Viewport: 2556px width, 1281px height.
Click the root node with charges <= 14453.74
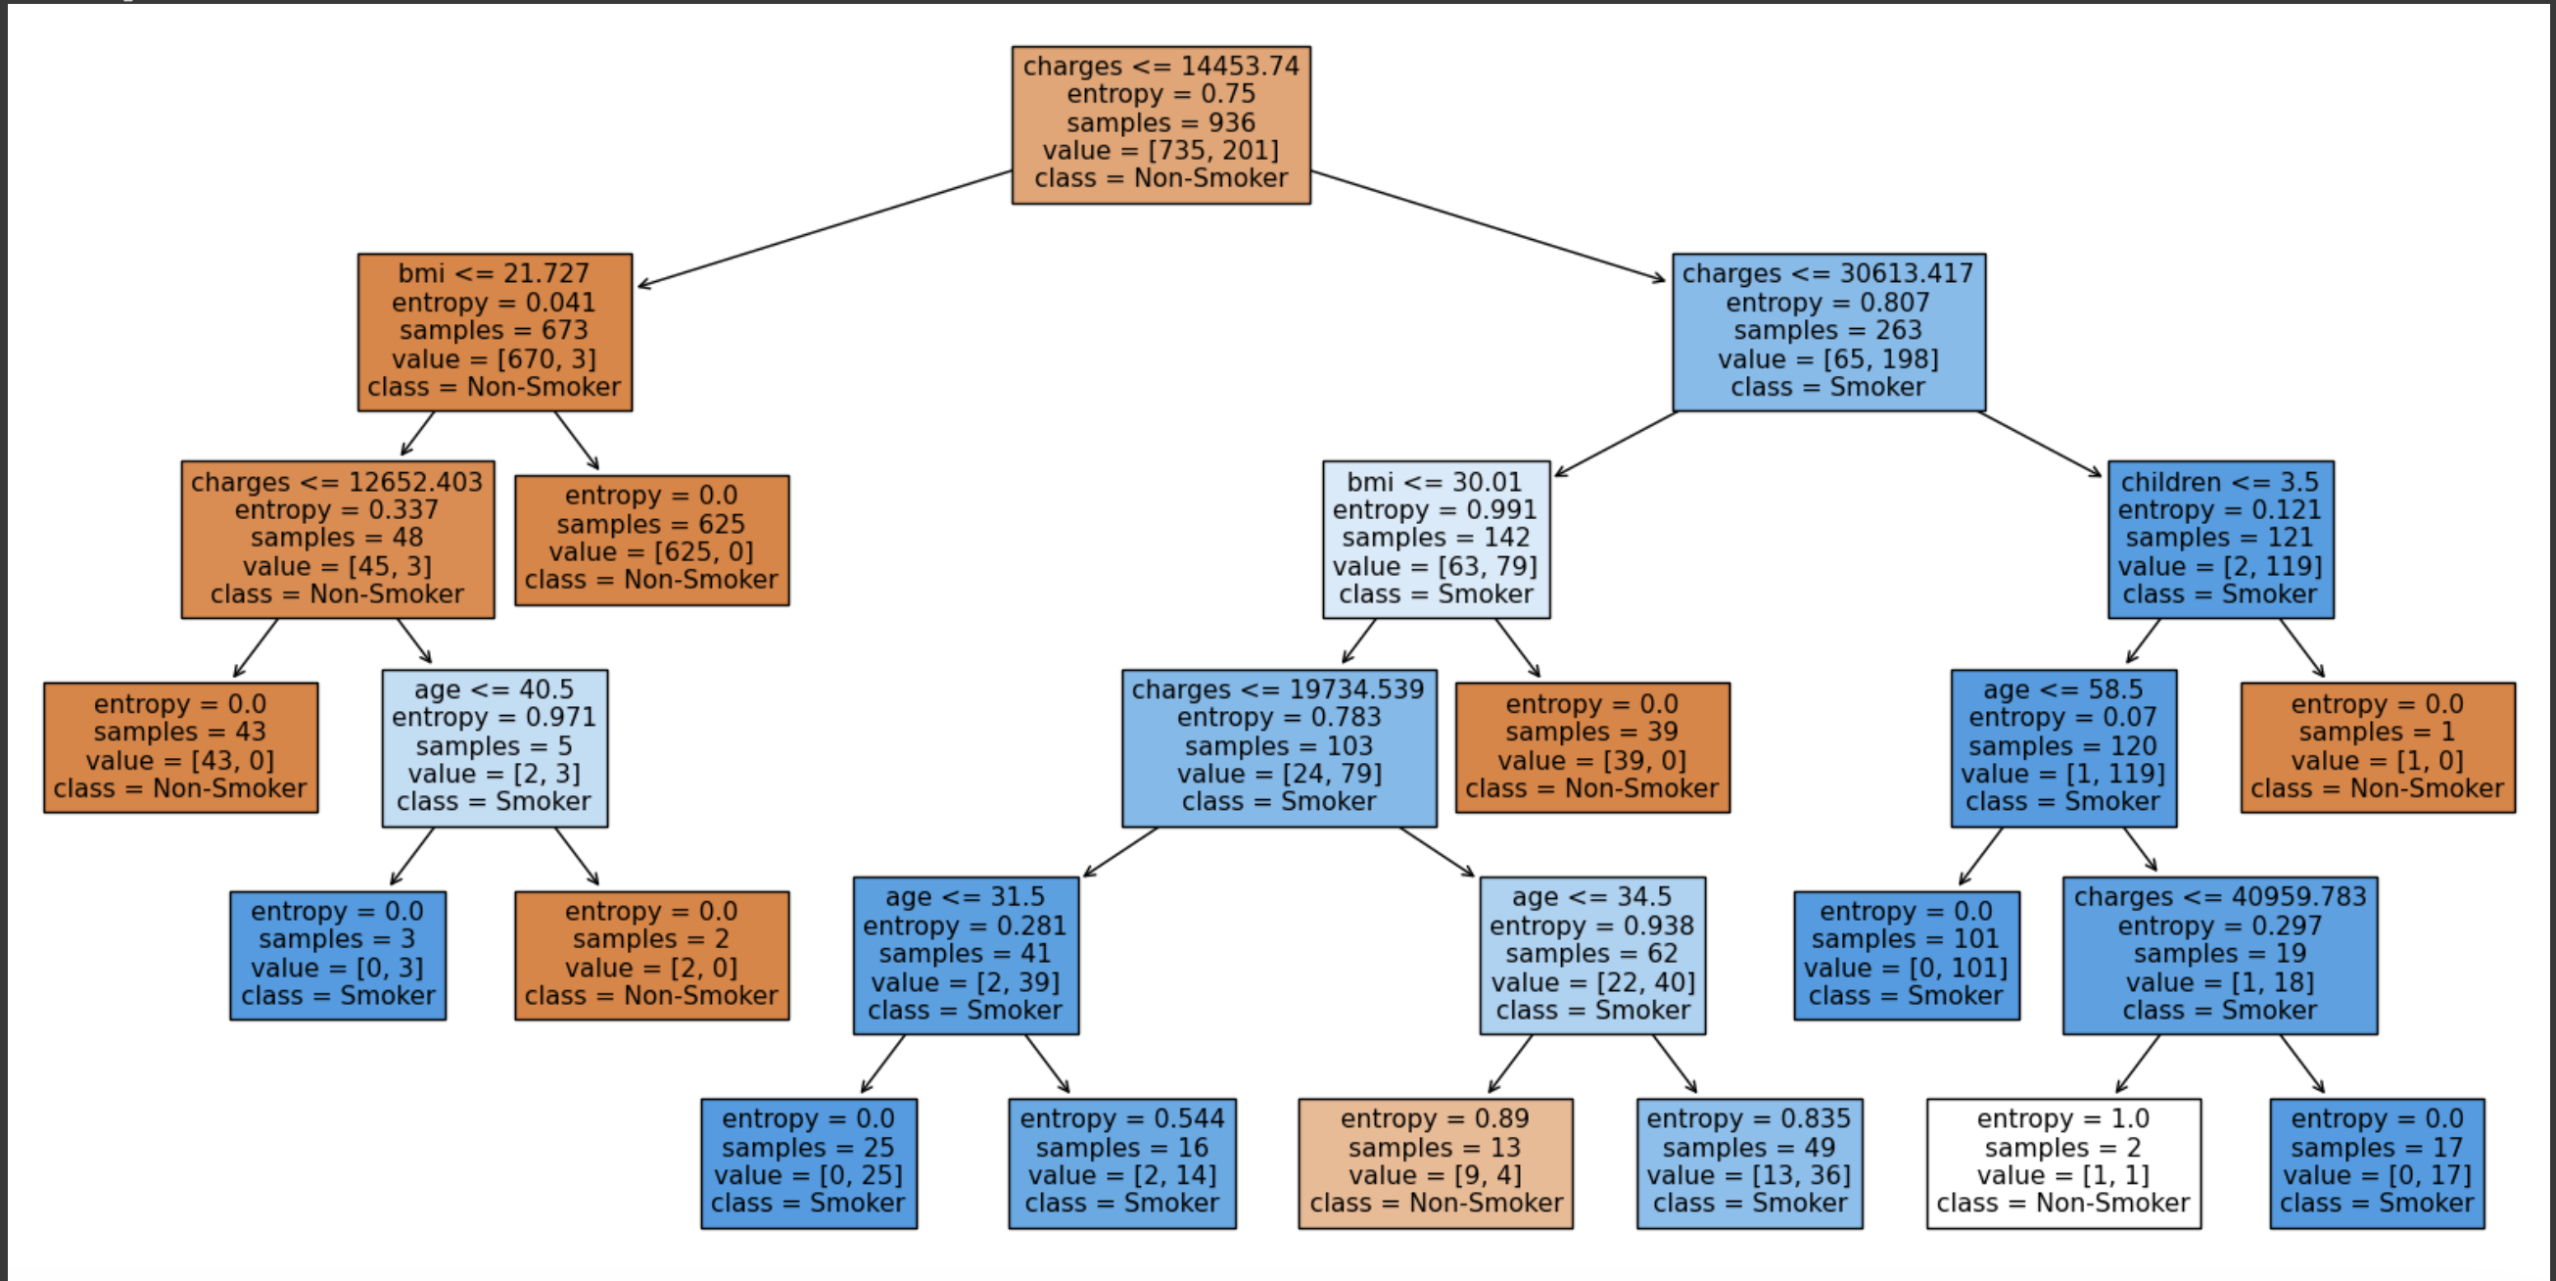coord(1160,124)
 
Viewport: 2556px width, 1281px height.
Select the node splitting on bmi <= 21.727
coord(495,331)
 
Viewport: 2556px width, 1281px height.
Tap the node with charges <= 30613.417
coord(1827,331)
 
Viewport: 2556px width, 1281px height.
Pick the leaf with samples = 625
coord(651,539)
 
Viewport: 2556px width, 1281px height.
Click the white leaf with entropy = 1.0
coord(2062,1162)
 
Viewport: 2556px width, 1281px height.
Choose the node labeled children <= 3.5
coord(2220,539)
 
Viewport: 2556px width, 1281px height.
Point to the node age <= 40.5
coord(495,747)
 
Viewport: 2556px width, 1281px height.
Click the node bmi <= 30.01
coord(1435,539)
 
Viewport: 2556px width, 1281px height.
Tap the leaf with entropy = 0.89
coord(1435,1162)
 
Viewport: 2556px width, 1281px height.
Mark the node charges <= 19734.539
coord(1278,747)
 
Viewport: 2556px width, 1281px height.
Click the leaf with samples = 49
coord(1748,1162)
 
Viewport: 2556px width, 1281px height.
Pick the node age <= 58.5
coord(2062,747)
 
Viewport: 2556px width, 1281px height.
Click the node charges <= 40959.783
coord(2220,955)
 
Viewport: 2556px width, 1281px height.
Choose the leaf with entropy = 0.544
coord(1121,1162)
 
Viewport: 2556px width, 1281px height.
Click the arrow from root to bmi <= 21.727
coord(824,229)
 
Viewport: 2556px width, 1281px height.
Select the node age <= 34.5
coord(1591,955)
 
